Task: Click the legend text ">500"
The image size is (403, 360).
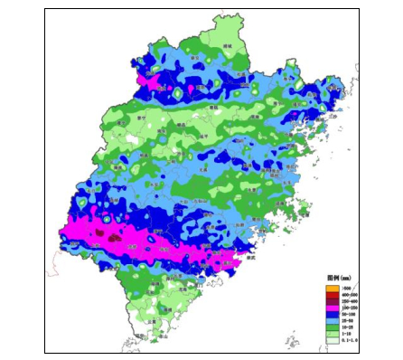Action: (345, 288)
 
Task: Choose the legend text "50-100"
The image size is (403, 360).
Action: (347, 314)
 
